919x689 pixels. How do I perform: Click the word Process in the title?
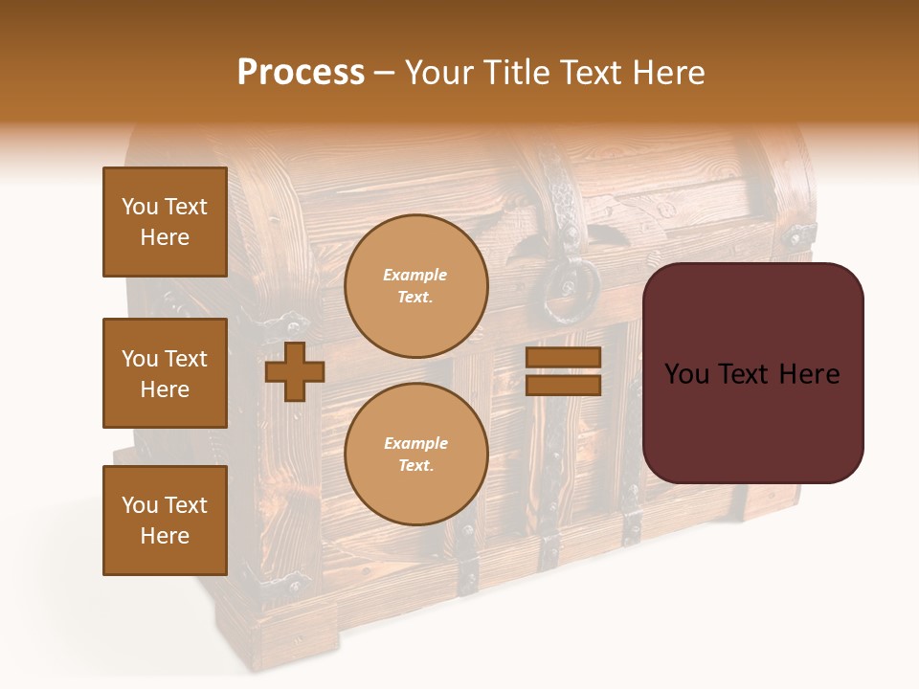pyautogui.click(x=301, y=73)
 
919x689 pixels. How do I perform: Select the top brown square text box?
pyautogui.click(x=165, y=222)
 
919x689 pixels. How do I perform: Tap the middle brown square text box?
pyautogui.click(x=165, y=373)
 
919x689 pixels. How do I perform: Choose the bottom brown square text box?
pyautogui.click(x=165, y=521)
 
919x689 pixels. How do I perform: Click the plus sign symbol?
pyautogui.click(x=295, y=371)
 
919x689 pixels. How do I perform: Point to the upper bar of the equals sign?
pyautogui.click(x=563, y=358)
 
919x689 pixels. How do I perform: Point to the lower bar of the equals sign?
pyautogui.click(x=563, y=386)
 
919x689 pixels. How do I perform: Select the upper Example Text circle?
pyautogui.click(x=415, y=285)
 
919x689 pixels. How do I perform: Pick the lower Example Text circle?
pyautogui.click(x=415, y=454)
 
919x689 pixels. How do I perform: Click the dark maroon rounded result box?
pyautogui.click(x=752, y=373)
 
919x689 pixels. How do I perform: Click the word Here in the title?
pyautogui.click(x=665, y=73)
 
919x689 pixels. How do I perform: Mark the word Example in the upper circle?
pyautogui.click(x=415, y=275)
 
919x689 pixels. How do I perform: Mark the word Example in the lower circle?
pyautogui.click(x=415, y=443)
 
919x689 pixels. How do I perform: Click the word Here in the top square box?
pyautogui.click(x=165, y=237)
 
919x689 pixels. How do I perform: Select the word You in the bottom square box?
pyautogui.click(x=139, y=505)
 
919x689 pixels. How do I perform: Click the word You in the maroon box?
pyautogui.click(x=686, y=374)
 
